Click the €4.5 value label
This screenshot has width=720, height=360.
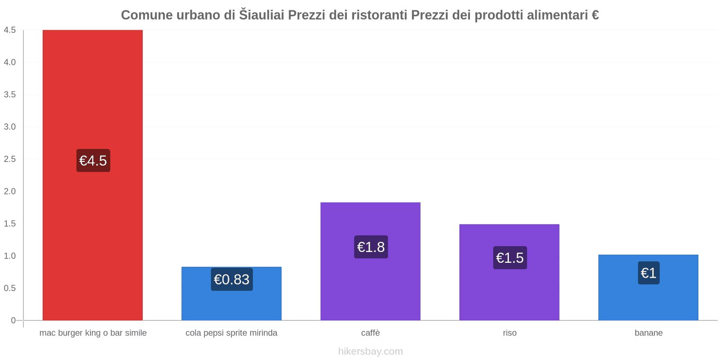[x=93, y=161]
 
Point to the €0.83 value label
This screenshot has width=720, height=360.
[x=232, y=279]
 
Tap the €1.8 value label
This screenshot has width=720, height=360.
[x=371, y=247]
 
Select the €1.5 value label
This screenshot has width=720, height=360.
[x=510, y=258]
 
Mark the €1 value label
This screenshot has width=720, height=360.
[x=648, y=273]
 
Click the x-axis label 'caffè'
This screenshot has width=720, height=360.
[x=370, y=333]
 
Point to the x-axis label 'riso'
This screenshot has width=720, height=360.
[x=509, y=333]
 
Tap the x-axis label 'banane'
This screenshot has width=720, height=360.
[x=648, y=333]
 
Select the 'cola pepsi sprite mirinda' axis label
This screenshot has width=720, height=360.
[x=231, y=333]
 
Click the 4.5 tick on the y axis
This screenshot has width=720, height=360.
[x=10, y=30]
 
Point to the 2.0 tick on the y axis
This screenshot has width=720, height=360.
[x=10, y=191]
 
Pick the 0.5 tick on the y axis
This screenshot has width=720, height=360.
[x=10, y=288]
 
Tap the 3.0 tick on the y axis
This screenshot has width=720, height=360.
[x=10, y=127]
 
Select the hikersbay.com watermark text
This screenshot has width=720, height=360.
[x=370, y=351]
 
